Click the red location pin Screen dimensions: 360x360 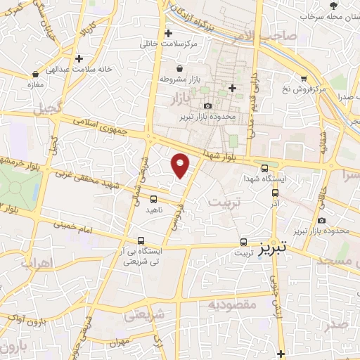(x=181, y=165)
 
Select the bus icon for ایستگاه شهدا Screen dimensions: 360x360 (x=264, y=168)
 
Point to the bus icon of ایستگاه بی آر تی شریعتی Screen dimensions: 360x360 (x=141, y=240)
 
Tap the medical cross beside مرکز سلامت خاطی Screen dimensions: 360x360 (x=167, y=33)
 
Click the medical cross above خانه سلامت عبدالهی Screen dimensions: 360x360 (x=79, y=58)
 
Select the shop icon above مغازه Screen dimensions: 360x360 (x=32, y=75)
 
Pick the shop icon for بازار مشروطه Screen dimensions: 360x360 (x=181, y=68)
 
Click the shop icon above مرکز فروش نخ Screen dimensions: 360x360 (x=303, y=79)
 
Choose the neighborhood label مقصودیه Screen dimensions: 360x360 (x=229, y=305)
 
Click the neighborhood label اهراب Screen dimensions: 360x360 (x=37, y=265)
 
